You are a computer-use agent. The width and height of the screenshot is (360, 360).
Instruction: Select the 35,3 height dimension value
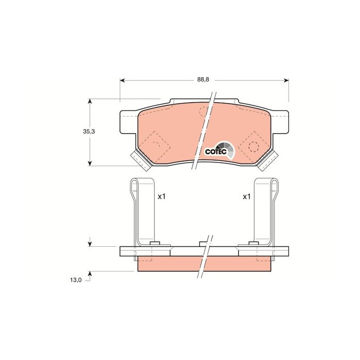click(x=89, y=132)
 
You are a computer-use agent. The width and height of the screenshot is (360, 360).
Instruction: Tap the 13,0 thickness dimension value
click(x=76, y=280)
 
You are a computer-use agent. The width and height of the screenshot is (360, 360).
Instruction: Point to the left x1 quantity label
click(x=161, y=196)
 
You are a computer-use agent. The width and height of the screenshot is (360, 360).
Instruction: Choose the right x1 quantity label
click(x=246, y=196)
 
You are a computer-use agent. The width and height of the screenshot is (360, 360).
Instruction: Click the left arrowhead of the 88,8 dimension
click(x=122, y=80)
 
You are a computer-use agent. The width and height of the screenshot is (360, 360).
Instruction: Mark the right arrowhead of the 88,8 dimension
click(x=285, y=80)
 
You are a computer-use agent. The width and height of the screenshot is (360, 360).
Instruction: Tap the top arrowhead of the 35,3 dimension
click(x=91, y=101)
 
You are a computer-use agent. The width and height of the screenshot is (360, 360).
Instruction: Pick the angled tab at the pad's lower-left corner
click(x=140, y=160)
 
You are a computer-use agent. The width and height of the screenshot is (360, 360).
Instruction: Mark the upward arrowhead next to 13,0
click(x=91, y=273)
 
